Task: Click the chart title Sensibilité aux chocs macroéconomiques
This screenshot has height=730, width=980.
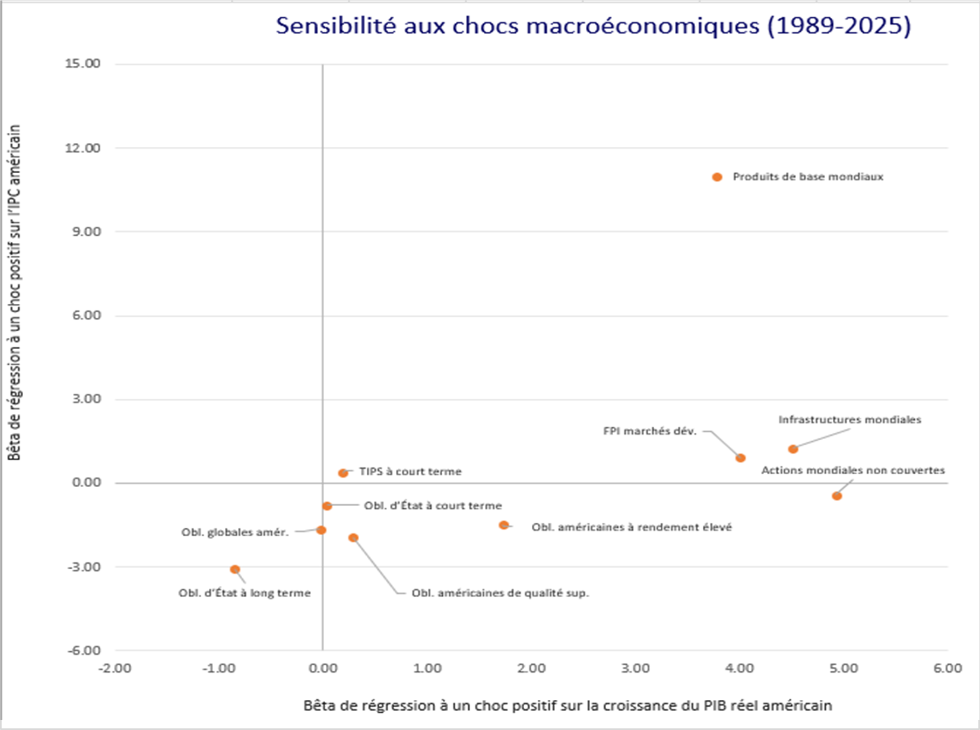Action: (x=593, y=26)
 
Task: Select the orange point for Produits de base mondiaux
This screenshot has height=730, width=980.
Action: (x=717, y=177)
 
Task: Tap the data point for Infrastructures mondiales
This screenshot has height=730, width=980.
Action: (x=793, y=449)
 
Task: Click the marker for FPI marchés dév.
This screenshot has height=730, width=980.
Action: (x=741, y=458)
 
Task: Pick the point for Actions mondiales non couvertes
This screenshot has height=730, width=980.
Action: (x=837, y=496)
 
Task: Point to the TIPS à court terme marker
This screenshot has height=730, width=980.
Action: (x=343, y=473)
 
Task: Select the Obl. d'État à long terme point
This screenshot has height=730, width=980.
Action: (x=235, y=569)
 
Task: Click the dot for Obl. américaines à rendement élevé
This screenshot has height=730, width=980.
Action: (x=504, y=525)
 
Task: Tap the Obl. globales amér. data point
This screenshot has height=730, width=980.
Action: (x=321, y=530)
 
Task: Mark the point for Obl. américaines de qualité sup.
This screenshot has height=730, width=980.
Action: (x=353, y=537)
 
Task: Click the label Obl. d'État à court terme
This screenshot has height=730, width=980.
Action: (x=433, y=506)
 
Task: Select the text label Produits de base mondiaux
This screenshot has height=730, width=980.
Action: (x=807, y=177)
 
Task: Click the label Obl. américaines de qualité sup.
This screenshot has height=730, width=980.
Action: (x=500, y=593)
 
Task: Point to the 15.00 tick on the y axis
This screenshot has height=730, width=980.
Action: (x=83, y=64)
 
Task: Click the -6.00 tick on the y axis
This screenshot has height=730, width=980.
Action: (x=84, y=650)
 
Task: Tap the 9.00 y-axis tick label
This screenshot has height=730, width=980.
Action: (x=86, y=231)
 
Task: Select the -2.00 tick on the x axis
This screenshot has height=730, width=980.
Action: (x=114, y=668)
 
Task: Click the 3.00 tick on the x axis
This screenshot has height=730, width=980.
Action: (x=635, y=668)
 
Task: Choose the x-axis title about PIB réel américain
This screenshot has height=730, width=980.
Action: (x=567, y=705)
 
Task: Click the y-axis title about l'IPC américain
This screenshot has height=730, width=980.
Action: (x=15, y=292)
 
